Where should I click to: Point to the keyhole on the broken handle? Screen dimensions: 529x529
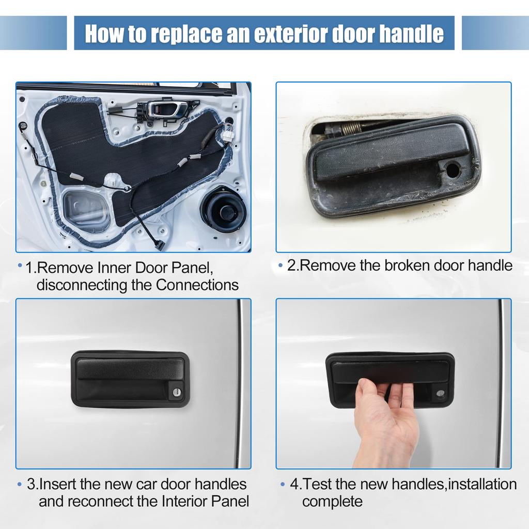453,168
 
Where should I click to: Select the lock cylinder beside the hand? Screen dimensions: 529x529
440,393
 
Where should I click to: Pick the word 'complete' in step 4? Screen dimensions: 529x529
332,501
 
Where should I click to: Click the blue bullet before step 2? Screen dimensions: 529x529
281,266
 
